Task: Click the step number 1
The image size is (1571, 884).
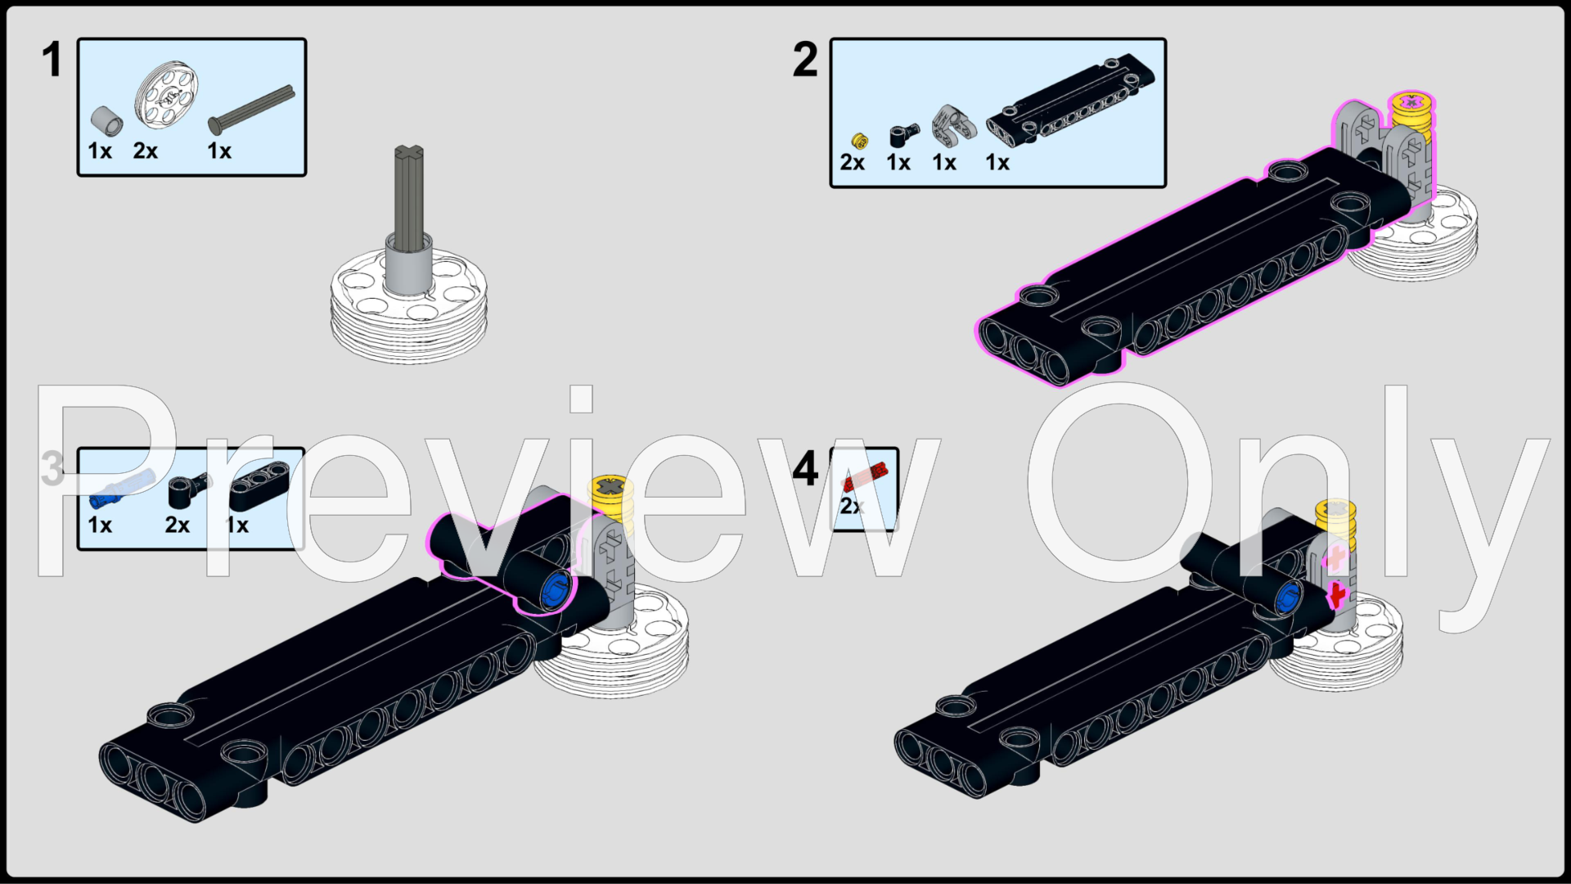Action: point(52,61)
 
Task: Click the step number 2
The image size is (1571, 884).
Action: point(805,61)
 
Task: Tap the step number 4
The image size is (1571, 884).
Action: point(805,469)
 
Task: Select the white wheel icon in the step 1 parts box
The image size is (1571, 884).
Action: point(167,95)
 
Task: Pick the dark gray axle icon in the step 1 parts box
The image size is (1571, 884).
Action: point(251,108)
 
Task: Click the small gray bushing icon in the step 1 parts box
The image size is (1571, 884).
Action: point(106,120)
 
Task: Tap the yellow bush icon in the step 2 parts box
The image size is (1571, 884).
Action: point(859,141)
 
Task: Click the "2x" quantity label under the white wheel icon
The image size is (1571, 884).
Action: point(145,151)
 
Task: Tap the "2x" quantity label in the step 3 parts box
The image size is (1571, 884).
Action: point(177,525)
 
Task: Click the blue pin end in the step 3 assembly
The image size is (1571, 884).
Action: point(555,588)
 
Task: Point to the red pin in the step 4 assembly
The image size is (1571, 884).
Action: point(1337,595)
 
